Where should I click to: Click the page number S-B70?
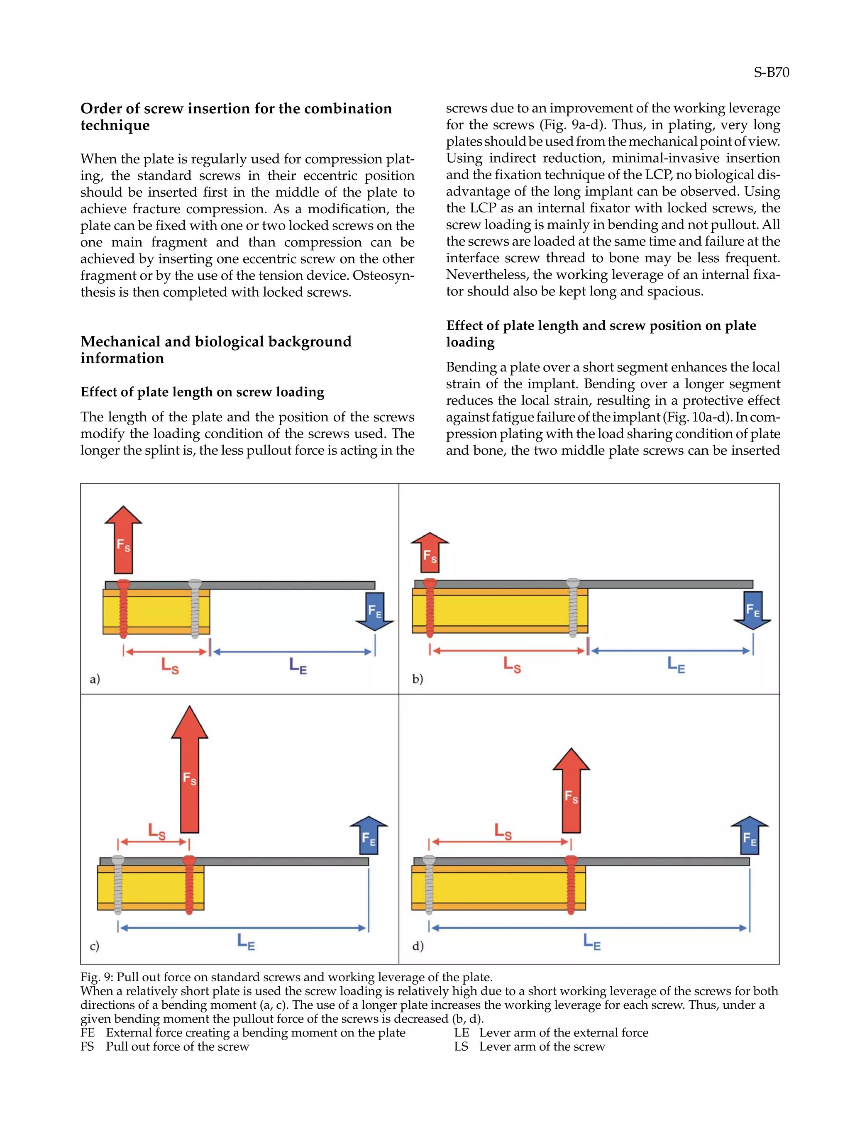(x=771, y=72)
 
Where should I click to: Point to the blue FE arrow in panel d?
(x=749, y=836)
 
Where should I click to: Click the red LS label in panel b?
(x=512, y=665)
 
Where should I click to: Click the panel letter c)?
(x=94, y=946)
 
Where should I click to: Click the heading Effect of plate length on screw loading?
(x=202, y=392)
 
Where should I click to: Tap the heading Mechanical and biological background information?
(x=215, y=350)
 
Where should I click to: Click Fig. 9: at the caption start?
(x=97, y=977)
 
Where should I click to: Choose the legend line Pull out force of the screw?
(x=177, y=1046)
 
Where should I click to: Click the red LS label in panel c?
(x=156, y=831)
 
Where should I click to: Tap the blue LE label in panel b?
(x=676, y=666)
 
